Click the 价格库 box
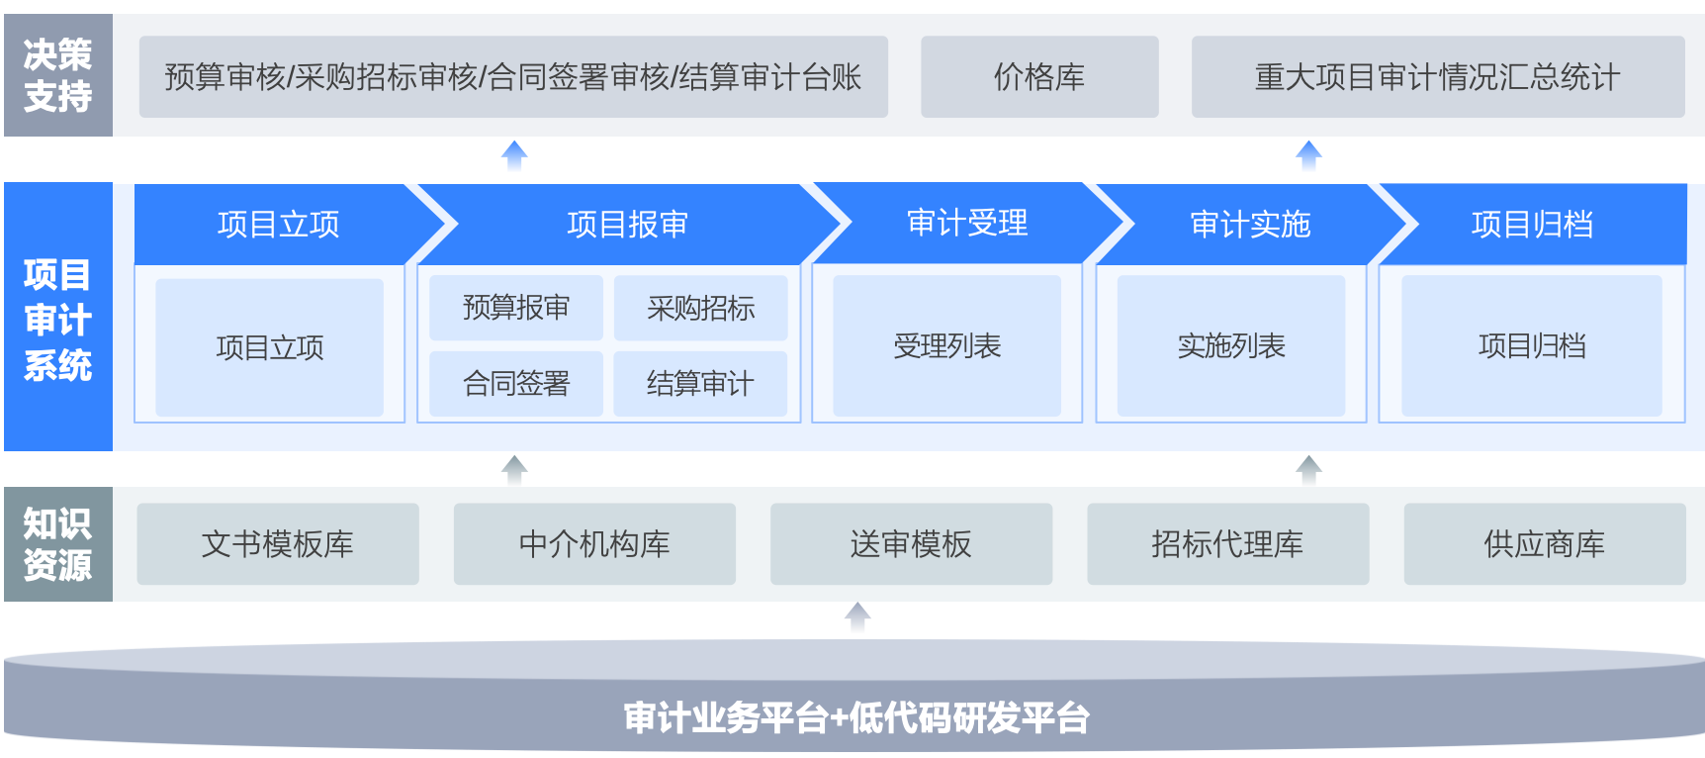tap(1039, 77)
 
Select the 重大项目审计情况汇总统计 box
tap(1437, 77)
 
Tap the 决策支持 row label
tap(58, 75)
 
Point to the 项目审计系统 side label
tap(58, 318)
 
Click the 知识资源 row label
tap(58, 544)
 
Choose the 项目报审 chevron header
tap(627, 225)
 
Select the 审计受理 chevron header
tap(966, 224)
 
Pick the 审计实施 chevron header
tap(1250, 225)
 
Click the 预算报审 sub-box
tap(516, 308)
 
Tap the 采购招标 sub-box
tap(700, 308)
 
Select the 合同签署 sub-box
tap(516, 384)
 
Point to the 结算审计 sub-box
tap(700, 384)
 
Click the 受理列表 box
tap(946, 346)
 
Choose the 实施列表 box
tap(1230, 346)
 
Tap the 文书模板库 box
tap(278, 544)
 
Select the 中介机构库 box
tap(594, 544)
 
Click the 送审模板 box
tap(911, 544)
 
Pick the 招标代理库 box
tap(1227, 544)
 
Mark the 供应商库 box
tap(1544, 544)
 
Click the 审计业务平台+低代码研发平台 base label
tap(855, 717)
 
